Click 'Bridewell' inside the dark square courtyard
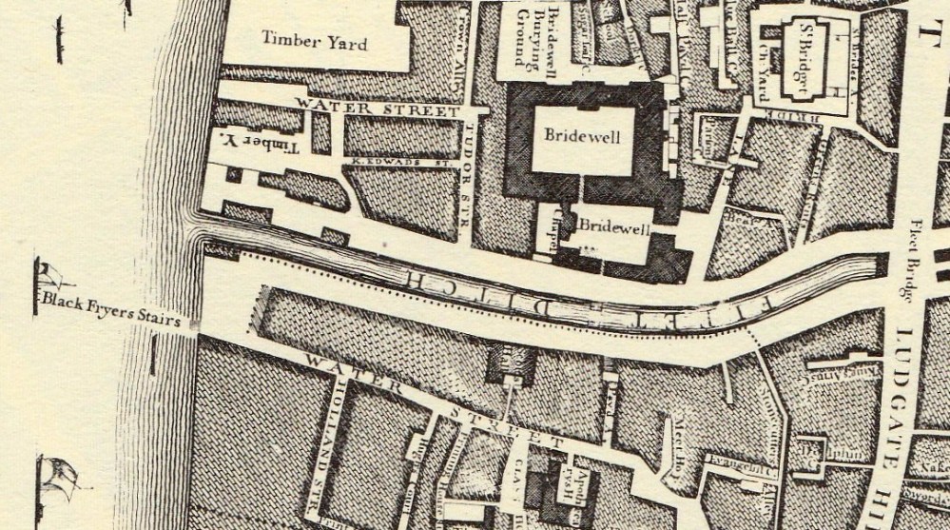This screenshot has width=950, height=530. click(x=582, y=136)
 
